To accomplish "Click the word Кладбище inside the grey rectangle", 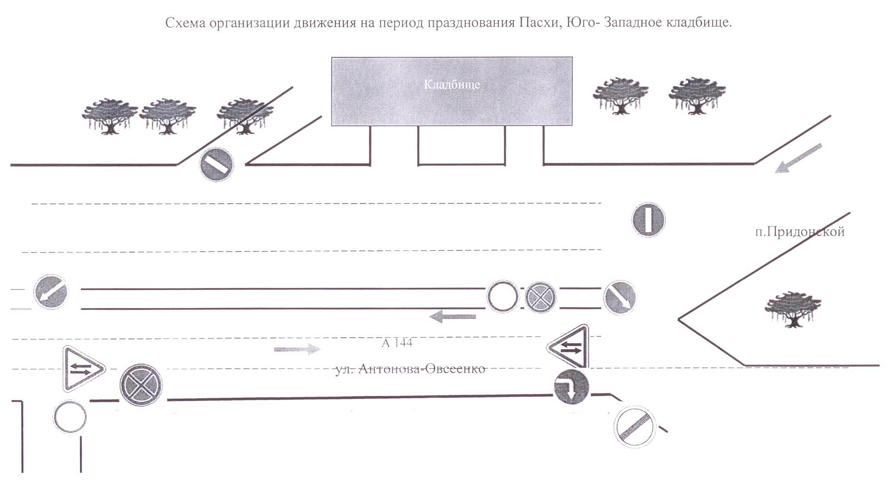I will (452, 84).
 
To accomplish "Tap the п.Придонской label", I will (800, 232).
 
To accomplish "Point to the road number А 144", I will (397, 343).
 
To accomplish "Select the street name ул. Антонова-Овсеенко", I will (410, 369).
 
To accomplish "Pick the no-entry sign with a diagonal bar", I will (216, 164).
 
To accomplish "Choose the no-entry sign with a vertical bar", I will (648, 220).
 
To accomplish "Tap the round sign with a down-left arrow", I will (51, 292).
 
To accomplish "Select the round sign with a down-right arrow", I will (620, 297).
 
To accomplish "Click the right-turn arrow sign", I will (571, 387).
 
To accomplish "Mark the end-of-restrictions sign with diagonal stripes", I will (635, 427).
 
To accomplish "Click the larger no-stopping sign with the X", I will (141, 385).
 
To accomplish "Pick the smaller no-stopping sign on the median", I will (540, 297).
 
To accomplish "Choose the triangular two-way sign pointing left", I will (570, 347).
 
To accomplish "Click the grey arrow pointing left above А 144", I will (452, 317).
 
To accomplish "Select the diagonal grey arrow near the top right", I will (798, 158).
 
